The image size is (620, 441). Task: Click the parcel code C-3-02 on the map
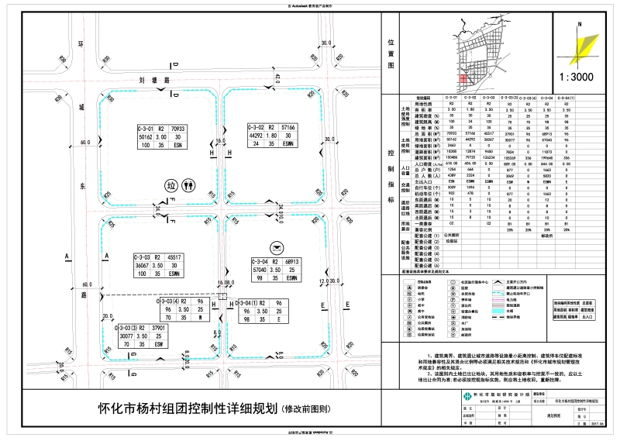pyautogui.click(x=257, y=126)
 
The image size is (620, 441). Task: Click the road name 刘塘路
pyautogui.click(x=148, y=80)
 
